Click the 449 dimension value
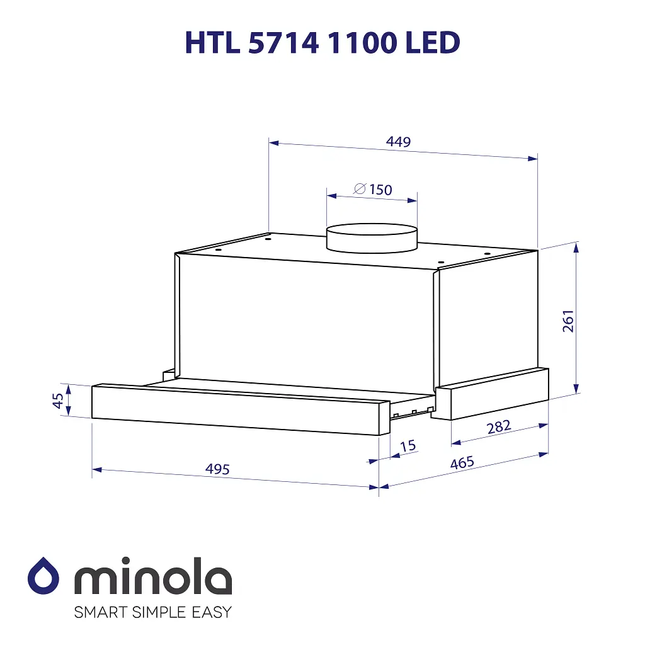399,142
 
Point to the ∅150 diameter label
373,189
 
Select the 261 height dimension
568,321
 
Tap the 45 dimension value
57,401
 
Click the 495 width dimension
217,469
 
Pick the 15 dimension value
408,446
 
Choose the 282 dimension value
498,427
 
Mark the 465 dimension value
462,463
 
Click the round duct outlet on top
372,237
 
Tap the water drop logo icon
43,576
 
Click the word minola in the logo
153,576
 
